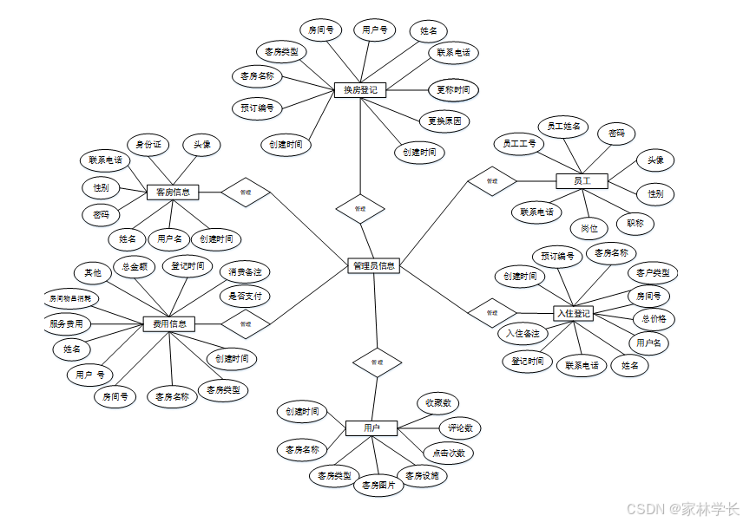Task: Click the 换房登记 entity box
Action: pos(359,89)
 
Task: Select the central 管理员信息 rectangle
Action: pos(373,266)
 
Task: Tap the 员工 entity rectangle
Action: pos(582,180)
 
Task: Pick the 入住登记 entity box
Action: pos(574,313)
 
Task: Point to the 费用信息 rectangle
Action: pos(169,324)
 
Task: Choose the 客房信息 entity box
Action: pos(174,192)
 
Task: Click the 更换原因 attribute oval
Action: pos(444,121)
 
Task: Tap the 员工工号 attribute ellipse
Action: pos(520,142)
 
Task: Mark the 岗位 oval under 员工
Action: pos(589,228)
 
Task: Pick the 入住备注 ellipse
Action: pos(523,333)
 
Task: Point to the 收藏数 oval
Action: pos(437,403)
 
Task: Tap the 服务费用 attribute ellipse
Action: pos(67,323)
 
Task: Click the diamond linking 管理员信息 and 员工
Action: pos(492,181)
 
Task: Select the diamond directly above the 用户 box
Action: pos(377,362)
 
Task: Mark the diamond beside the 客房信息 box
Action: pos(245,192)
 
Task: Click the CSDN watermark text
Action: pos(682,509)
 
